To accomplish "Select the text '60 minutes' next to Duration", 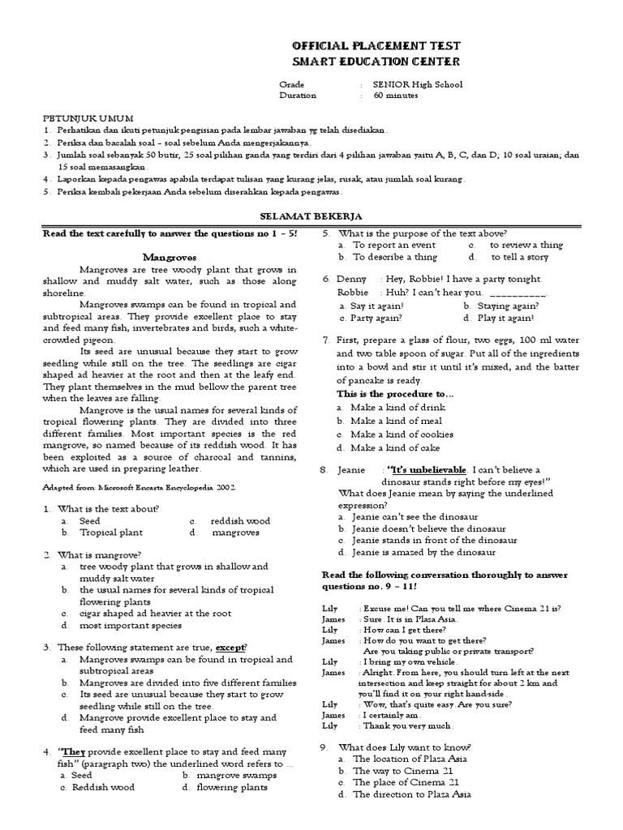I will [396, 96].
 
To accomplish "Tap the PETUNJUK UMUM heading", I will [89, 117].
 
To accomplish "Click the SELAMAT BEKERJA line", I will [311, 216].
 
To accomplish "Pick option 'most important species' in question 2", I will [123, 626].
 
